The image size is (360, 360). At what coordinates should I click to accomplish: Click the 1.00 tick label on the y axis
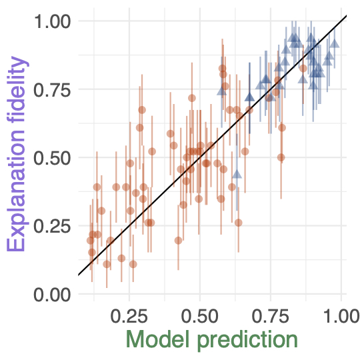coord(52,21)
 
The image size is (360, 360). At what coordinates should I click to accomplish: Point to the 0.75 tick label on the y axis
coord(52,90)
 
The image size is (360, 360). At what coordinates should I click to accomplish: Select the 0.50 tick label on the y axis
coord(52,158)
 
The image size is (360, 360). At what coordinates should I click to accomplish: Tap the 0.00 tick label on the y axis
coord(52,295)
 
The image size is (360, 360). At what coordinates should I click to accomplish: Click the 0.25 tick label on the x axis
coord(129,316)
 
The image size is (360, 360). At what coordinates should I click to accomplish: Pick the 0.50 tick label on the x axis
coord(200,316)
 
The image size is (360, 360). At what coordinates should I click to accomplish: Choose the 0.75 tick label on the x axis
coord(271,316)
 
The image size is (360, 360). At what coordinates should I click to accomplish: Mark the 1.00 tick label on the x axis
coord(341,316)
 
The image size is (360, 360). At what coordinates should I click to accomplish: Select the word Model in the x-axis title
coord(158,340)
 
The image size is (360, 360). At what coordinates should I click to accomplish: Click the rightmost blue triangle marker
coord(335,43)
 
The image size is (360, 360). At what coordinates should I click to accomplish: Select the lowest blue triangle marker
coord(237,174)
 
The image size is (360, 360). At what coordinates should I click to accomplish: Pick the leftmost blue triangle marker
coord(221,91)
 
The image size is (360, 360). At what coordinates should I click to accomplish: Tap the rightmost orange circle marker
coord(303,68)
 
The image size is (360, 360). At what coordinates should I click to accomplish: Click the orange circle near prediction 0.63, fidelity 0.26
coord(239,223)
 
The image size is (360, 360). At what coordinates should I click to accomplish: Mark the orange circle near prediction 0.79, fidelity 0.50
coord(281,157)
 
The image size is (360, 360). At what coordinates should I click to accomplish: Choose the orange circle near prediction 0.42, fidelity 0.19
coord(179,241)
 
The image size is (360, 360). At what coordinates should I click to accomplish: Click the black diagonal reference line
coord(213,145)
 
